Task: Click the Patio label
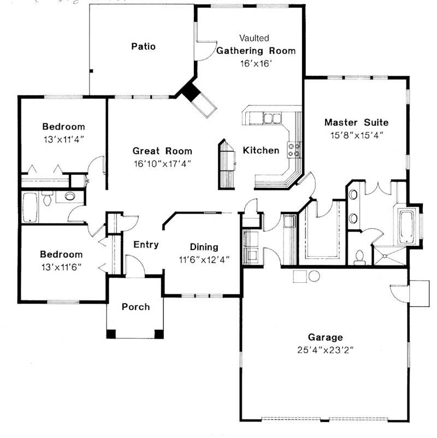point(143,46)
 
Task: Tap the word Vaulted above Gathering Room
point(254,38)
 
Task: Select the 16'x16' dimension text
point(256,64)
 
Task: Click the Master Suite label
point(356,122)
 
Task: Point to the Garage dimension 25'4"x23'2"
point(325,350)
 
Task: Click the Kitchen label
point(261,150)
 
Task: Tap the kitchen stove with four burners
point(294,150)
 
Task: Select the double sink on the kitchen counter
point(272,118)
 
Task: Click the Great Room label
point(162,151)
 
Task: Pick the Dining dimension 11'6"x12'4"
point(204,260)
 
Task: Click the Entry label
point(146,245)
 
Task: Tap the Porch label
point(136,307)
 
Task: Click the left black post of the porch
point(111,334)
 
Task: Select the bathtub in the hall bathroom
point(30,208)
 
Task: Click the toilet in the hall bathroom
point(48,198)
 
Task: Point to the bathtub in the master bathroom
point(407,227)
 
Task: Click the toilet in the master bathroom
point(359,258)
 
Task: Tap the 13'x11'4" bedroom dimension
point(64,139)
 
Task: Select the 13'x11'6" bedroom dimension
point(62,267)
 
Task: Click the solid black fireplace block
point(191,91)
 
